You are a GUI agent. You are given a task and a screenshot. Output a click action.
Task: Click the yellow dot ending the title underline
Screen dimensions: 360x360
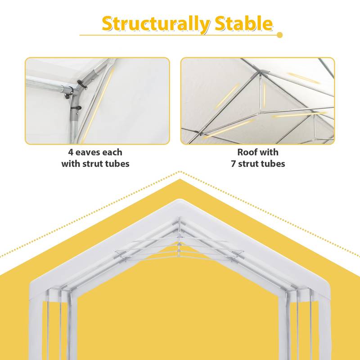coord(279,35)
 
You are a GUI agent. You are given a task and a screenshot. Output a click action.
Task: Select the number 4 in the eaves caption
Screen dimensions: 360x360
coord(71,153)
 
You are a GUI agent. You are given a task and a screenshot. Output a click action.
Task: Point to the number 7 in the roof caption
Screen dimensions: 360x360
coord(234,164)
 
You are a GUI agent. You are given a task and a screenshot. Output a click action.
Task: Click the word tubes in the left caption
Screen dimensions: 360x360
coord(117,164)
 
